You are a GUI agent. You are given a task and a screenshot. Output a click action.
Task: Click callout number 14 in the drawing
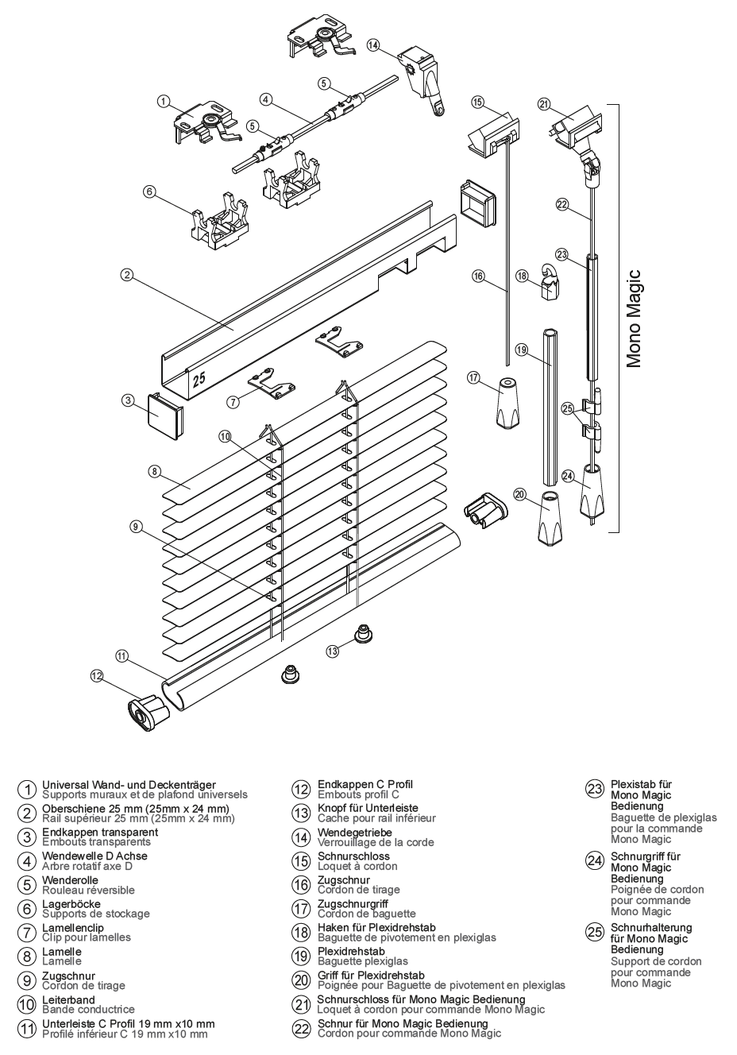373,45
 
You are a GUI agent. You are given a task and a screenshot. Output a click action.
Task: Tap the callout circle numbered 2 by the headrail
126,275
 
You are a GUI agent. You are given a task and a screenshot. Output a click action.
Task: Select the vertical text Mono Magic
633,318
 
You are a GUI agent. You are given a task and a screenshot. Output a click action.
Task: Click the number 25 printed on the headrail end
199,380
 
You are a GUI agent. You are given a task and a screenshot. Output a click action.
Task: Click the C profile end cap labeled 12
149,711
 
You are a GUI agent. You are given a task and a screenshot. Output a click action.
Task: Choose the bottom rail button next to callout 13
365,634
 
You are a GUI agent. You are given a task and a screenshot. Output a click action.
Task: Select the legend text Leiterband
68,1000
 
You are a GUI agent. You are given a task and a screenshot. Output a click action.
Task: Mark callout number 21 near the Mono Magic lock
544,104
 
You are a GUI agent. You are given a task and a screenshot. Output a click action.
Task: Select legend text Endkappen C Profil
365,784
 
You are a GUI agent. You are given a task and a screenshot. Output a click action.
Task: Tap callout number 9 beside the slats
136,526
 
